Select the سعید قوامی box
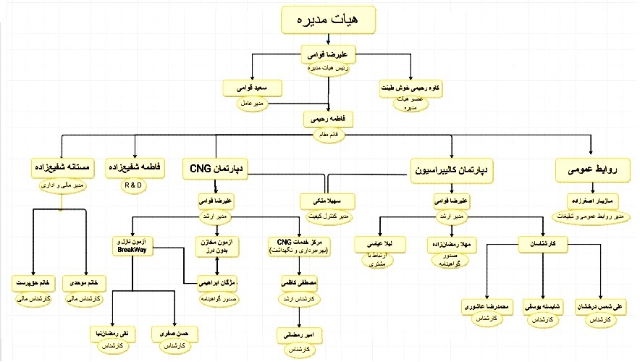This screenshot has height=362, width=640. click(251, 88)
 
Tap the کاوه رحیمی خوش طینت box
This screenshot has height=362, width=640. click(410, 88)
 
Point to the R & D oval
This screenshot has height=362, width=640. click(135, 185)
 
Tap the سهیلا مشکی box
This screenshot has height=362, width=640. click(327, 201)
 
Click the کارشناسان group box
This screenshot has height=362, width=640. click(542, 244)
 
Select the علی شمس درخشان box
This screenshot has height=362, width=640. click(599, 305)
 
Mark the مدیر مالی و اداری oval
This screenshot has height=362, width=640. click(62, 185)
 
